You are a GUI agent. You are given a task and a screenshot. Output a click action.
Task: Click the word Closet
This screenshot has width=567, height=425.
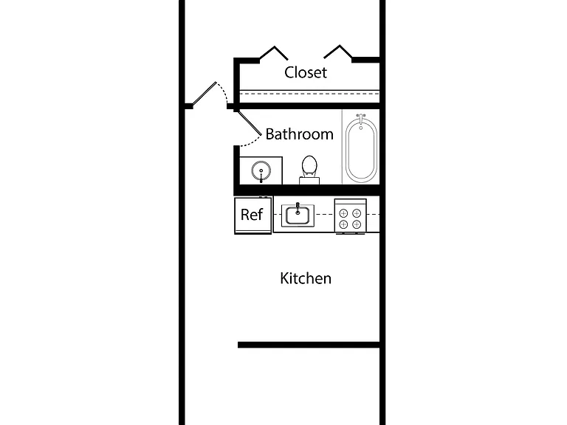(x=306, y=72)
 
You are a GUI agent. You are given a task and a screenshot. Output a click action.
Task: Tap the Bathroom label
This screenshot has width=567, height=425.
(x=300, y=134)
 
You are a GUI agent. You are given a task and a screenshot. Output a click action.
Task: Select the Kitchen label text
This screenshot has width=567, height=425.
(x=306, y=278)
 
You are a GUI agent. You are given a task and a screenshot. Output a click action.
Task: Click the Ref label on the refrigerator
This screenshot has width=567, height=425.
(x=252, y=215)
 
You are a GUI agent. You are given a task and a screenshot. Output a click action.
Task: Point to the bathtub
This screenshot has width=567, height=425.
(x=361, y=149)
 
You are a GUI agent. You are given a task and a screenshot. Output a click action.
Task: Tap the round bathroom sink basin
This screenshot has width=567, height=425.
(x=261, y=170)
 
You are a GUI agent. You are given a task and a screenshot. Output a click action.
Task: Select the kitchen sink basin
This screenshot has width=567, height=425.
(x=298, y=215)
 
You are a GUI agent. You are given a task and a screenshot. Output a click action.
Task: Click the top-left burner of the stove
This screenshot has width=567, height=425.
(x=343, y=213)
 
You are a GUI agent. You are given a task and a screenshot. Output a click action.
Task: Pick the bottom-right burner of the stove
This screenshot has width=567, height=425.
(x=357, y=224)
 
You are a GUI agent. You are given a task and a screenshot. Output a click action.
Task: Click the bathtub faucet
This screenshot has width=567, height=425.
(x=360, y=118)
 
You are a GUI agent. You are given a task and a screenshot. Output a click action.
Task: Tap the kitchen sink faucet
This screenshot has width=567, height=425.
(x=298, y=208)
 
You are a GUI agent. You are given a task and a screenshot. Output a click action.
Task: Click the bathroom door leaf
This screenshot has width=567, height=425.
(x=249, y=123)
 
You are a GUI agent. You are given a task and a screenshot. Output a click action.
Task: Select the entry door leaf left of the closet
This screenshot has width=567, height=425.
(x=204, y=94)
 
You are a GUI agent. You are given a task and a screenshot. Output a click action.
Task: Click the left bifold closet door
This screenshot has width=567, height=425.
(x=274, y=53)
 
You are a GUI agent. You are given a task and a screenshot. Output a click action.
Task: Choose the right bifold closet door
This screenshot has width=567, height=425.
(x=338, y=52)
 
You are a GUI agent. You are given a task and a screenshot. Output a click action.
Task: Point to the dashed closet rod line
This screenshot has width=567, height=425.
(x=309, y=94)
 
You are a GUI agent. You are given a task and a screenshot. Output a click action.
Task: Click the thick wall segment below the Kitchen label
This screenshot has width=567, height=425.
(x=309, y=345)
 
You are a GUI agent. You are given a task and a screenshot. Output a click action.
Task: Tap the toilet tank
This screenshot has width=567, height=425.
(x=309, y=180)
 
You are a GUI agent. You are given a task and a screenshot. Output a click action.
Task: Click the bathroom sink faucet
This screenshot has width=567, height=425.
(x=261, y=176)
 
